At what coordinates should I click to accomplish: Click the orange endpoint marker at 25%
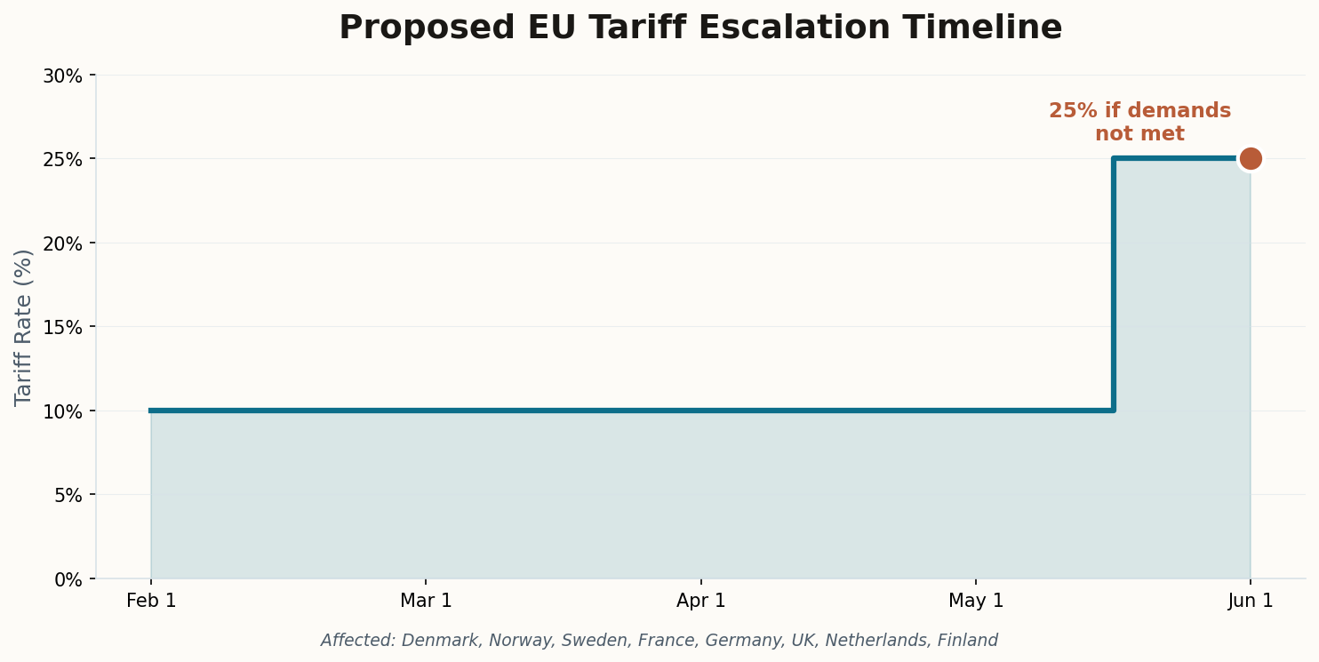click(1250, 159)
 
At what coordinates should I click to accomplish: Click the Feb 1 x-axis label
click(151, 602)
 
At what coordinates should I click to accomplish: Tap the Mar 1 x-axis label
click(426, 602)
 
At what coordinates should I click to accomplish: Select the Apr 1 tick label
click(700, 602)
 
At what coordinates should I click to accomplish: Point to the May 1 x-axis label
click(976, 602)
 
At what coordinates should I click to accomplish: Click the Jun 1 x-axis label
click(1251, 602)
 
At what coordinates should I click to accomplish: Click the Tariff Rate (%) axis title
click(24, 327)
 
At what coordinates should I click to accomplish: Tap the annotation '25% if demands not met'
click(1139, 123)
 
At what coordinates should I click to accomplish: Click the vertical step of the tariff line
click(1113, 284)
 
